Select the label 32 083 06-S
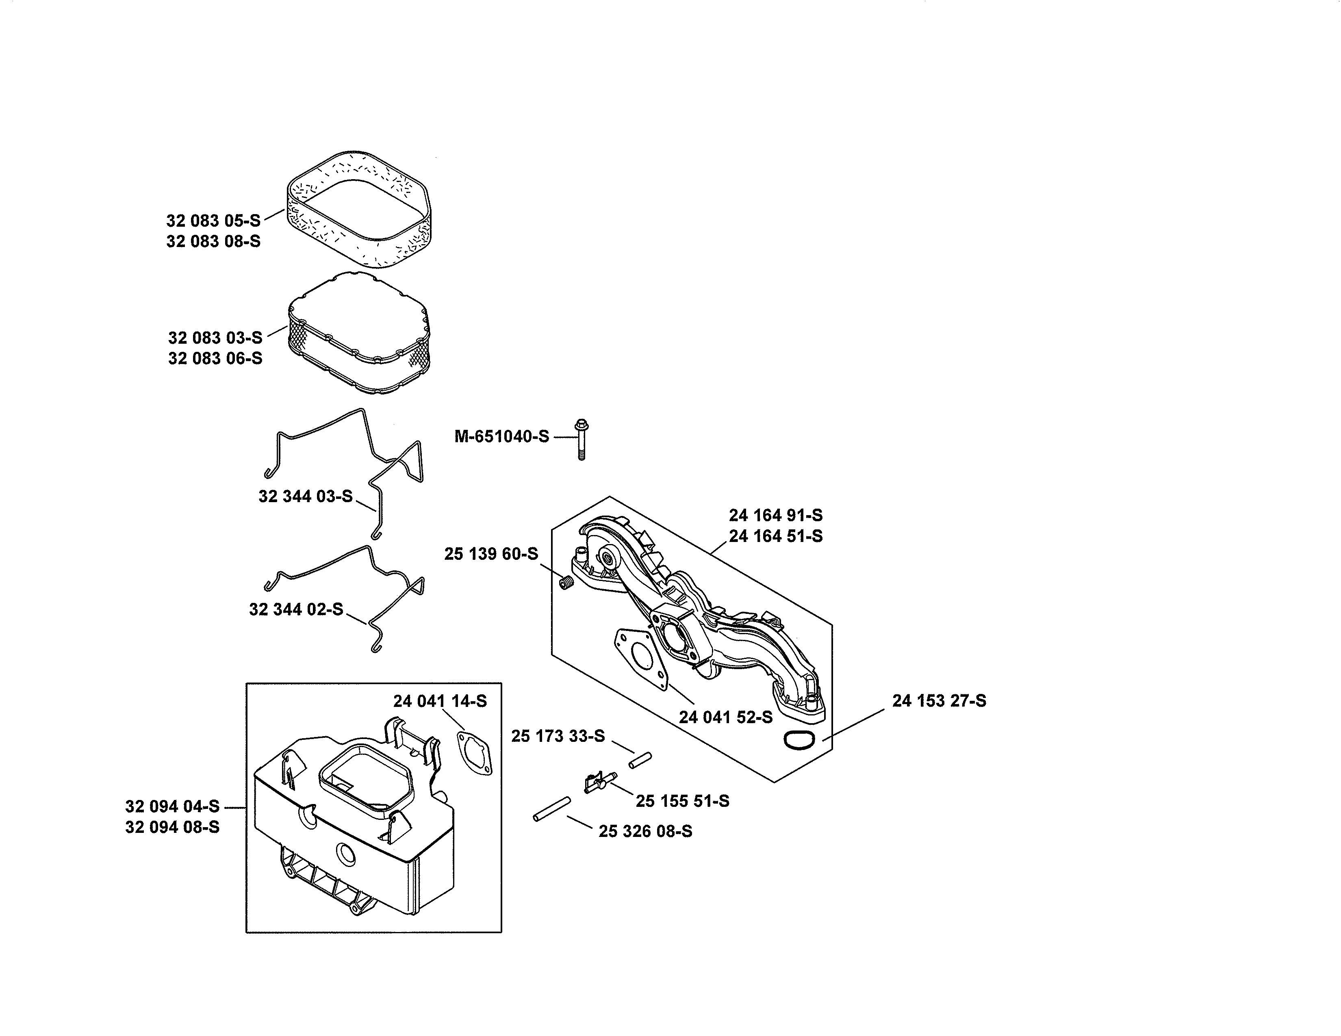[215, 358]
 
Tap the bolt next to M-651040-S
[581, 439]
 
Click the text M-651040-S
[501, 437]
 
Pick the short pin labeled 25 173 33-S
[640, 760]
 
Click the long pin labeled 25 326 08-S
[552, 808]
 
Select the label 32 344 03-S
[305, 496]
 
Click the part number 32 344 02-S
[296, 609]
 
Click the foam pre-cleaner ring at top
[359, 209]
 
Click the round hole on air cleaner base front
[346, 853]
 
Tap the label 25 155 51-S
[682, 801]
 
